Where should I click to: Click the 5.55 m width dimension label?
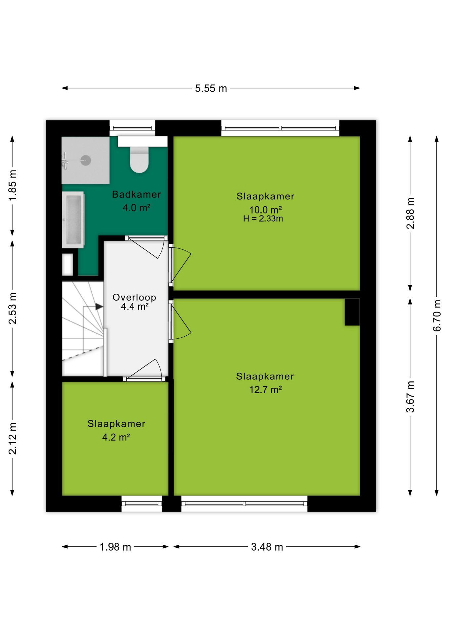pyautogui.click(x=211, y=88)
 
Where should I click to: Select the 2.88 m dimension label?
pyautogui.click(x=410, y=213)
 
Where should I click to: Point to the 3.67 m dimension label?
pyautogui.click(x=410, y=397)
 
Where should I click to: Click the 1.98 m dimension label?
pyautogui.click(x=115, y=547)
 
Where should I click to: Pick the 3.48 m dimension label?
pyautogui.click(x=267, y=547)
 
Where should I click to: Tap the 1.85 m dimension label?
pyautogui.click(x=13, y=185)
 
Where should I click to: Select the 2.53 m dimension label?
pyautogui.click(x=13, y=308)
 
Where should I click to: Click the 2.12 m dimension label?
pyautogui.click(x=13, y=438)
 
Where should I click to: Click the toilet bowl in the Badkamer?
pyautogui.click(x=139, y=159)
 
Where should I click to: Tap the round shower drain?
pyautogui.click(x=86, y=160)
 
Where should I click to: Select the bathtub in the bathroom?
pyautogui.click(x=73, y=220)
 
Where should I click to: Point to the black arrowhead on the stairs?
pyautogui.click(x=99, y=307)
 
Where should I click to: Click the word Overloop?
pyautogui.click(x=134, y=297)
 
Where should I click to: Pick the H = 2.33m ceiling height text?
pyautogui.click(x=263, y=219)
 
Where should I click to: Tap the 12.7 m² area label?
pyautogui.click(x=265, y=390)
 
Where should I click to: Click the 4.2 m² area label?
pyautogui.click(x=116, y=437)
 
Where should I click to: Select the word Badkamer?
pyautogui.click(x=136, y=194)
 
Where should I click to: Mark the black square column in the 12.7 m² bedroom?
pyautogui.click(x=352, y=312)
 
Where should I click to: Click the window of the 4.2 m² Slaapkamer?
pyautogui.click(x=142, y=504)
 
